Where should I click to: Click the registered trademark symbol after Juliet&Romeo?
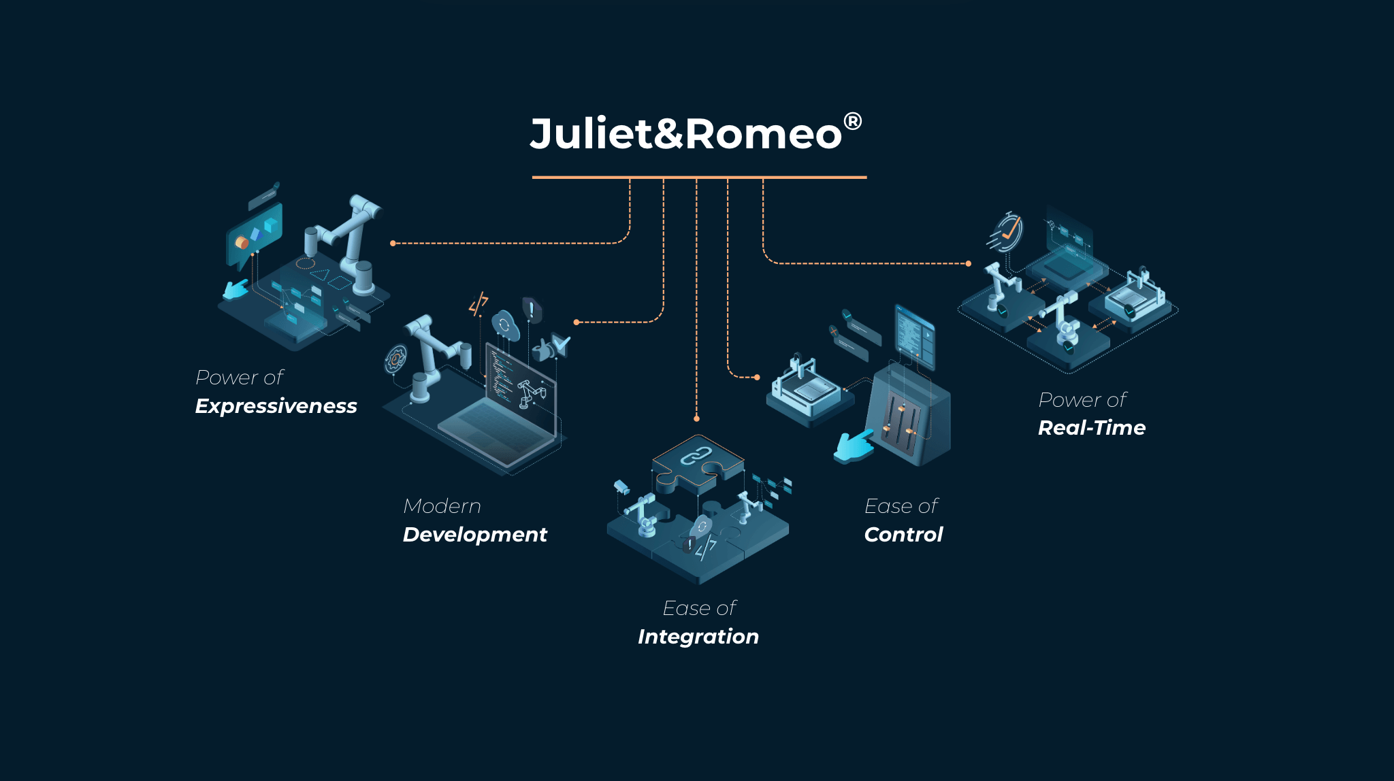[852, 121]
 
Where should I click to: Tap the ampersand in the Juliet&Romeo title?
[668, 133]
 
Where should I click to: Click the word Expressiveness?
[276, 406]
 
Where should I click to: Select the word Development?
[474, 535]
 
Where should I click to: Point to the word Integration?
[698, 637]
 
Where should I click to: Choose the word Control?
[903, 535]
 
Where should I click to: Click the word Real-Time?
[1091, 428]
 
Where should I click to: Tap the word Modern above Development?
[442, 506]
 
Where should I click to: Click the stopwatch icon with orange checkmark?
[1007, 232]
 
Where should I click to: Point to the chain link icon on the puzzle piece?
[696, 456]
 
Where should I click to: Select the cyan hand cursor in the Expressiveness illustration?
[236, 290]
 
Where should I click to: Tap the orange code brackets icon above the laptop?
[479, 303]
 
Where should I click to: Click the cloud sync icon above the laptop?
[505, 325]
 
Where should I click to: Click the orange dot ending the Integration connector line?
[696, 418]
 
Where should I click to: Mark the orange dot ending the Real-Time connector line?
[969, 263]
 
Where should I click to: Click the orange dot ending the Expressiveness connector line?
[393, 243]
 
